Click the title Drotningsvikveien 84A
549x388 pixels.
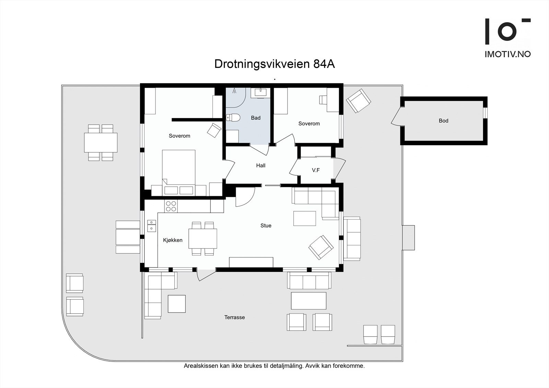click(274, 64)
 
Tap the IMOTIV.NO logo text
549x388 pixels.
click(507, 54)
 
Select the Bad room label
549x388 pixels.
click(256, 118)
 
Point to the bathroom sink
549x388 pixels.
click(260, 92)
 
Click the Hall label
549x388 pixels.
click(261, 166)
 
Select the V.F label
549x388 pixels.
click(316, 170)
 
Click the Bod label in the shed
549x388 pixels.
click(443, 121)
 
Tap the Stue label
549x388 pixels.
click(266, 226)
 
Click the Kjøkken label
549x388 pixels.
click(173, 240)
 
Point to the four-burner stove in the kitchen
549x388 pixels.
click(171, 206)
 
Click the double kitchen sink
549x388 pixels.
click(151, 225)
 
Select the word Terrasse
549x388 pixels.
click(235, 318)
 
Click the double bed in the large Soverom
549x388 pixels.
click(178, 172)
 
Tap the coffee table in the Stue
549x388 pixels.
click(304, 219)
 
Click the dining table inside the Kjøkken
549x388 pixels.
click(203, 238)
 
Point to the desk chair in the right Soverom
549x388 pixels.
click(323, 99)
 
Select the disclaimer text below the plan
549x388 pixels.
click(274, 366)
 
